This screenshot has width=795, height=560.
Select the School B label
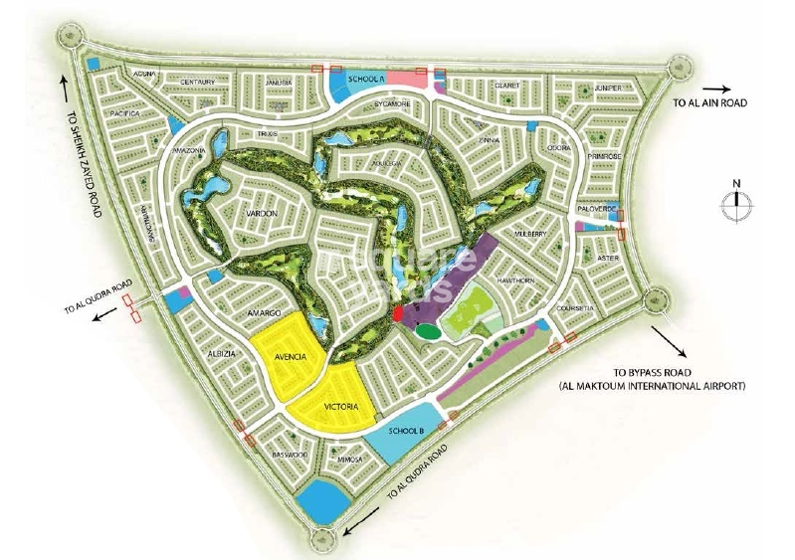pos(408,431)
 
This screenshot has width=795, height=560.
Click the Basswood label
pos(290,456)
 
